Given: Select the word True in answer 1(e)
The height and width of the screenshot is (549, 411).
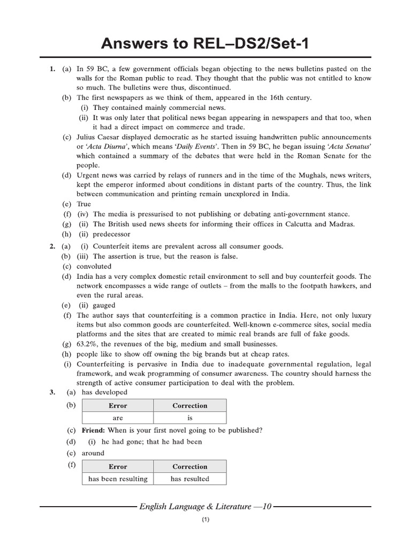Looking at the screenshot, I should pos(84,204).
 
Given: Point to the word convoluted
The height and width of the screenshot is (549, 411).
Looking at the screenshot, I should pos(94,266).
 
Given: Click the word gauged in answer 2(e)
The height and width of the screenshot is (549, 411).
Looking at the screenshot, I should pos(104,305).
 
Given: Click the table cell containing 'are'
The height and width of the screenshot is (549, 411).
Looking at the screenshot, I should pos(118,418).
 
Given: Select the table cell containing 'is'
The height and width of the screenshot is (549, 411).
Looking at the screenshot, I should pos(189,418).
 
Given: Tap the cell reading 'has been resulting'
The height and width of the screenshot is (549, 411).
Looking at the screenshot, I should pos(118,479).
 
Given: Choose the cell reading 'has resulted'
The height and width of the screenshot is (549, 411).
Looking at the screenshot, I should pos(189,479).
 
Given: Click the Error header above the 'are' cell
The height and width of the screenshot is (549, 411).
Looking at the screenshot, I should pos(118,406).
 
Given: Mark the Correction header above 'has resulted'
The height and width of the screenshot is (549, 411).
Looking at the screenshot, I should pos(189,467).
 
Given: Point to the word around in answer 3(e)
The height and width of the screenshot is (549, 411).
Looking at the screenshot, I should pos(93,453).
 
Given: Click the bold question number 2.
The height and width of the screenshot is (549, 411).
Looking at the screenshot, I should pos(52,246).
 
